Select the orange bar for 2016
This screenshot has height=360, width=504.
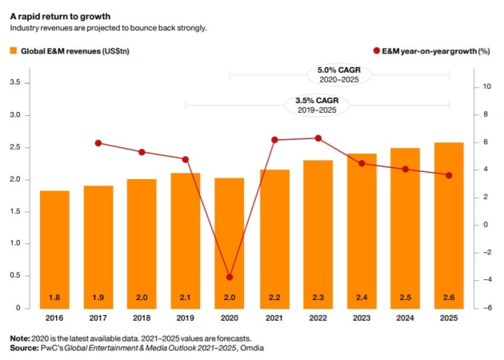click(x=54, y=249)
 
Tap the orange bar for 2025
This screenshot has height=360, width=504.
click(x=449, y=225)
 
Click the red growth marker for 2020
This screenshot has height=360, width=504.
click(x=230, y=277)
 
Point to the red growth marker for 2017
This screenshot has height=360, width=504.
click(x=98, y=143)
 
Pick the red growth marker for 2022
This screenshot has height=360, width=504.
click(x=318, y=138)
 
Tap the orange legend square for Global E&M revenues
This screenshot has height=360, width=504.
click(x=13, y=50)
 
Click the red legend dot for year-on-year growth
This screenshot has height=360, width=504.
click(x=377, y=50)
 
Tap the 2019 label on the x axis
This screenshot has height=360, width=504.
click(x=186, y=318)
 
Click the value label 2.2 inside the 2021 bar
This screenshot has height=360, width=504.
click(x=274, y=298)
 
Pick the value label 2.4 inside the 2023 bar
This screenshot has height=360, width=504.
click(x=361, y=298)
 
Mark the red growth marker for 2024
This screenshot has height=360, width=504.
click(x=406, y=169)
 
